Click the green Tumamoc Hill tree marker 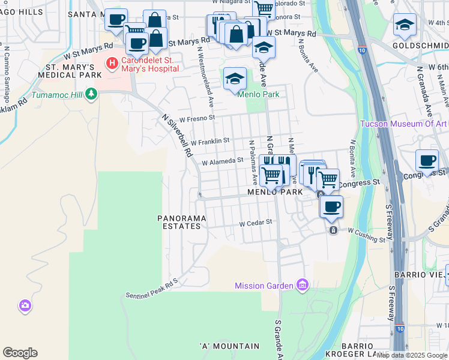(91, 93)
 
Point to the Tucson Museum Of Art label (403, 124)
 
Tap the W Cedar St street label (256, 222)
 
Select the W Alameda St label (222, 161)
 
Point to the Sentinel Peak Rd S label (152, 289)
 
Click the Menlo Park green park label (259, 94)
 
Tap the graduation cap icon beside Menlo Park (235, 78)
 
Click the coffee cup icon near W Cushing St (331, 207)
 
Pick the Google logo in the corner (20, 353)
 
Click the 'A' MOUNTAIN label (230, 346)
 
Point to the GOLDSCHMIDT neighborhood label (420, 45)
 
